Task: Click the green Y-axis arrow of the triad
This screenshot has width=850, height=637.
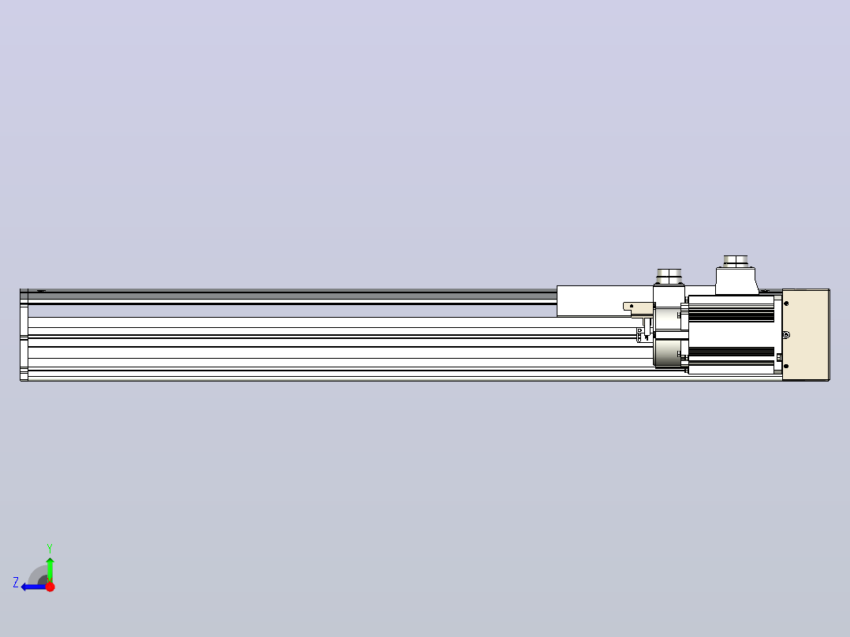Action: click(50, 569)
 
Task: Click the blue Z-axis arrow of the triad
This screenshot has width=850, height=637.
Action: click(34, 587)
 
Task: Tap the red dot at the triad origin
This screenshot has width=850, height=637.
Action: click(50, 587)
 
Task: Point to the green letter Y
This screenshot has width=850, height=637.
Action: click(50, 548)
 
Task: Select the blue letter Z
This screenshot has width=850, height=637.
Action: click(16, 583)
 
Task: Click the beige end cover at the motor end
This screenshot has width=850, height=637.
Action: click(806, 335)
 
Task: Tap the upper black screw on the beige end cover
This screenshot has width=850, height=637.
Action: click(787, 304)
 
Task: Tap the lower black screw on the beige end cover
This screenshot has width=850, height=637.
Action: click(787, 367)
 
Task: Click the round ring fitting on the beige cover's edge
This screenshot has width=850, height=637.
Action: click(787, 335)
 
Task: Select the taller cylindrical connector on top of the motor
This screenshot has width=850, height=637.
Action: click(736, 261)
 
